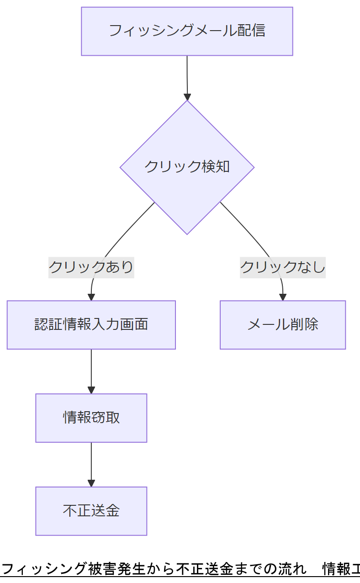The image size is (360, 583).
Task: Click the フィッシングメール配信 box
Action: [187, 31]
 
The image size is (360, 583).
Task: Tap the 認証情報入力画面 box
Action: [91, 325]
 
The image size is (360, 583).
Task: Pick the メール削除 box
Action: [283, 325]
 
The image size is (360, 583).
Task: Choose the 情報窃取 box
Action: [91, 418]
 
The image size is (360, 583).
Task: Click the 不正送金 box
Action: [91, 511]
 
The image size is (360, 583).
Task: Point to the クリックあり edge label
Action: [91, 266]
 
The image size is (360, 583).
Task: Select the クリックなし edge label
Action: [282, 266]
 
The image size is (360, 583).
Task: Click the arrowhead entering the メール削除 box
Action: [283, 297]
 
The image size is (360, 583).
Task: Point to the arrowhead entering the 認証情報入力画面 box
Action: [91, 297]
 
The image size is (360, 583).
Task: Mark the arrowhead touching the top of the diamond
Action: [187, 97]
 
